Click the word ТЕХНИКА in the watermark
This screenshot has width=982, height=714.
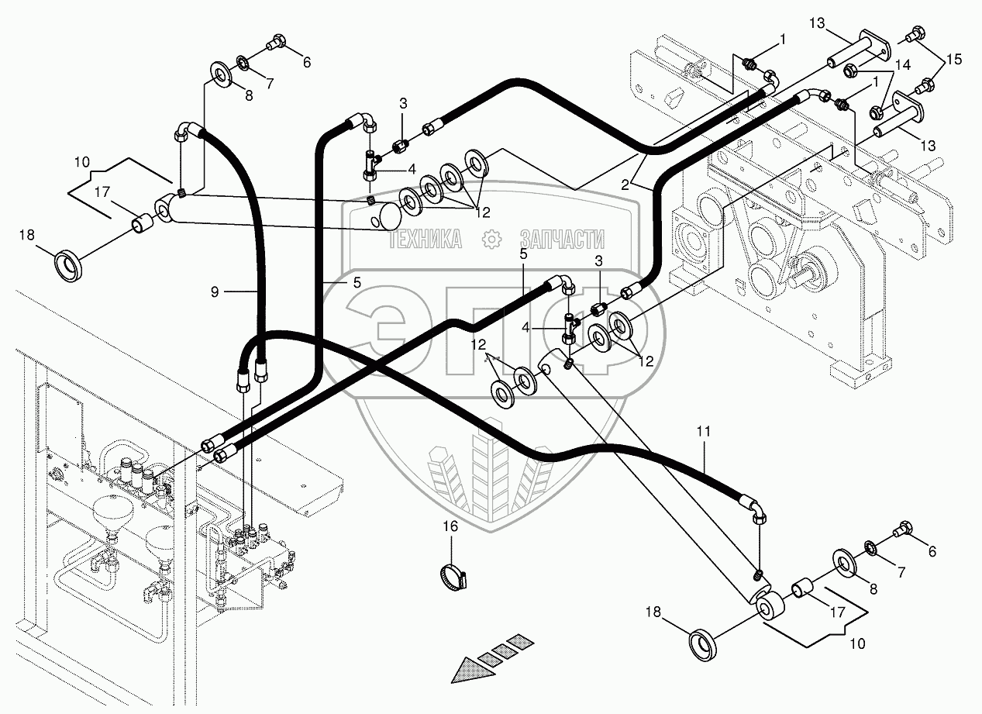425,240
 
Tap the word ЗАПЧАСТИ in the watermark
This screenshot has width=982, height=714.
562,240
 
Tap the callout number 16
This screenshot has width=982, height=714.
450,526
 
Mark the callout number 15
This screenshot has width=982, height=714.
954,59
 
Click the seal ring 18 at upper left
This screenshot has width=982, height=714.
70,264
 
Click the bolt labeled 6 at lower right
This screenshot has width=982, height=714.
903,533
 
